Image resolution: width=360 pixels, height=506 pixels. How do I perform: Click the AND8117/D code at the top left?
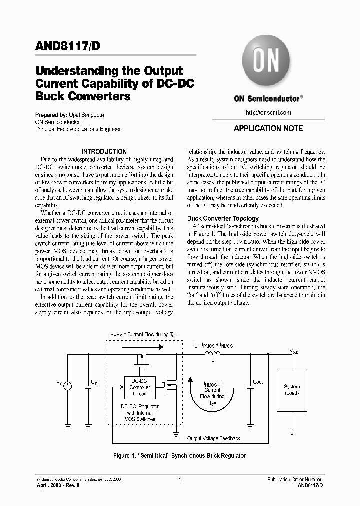(x=67, y=45)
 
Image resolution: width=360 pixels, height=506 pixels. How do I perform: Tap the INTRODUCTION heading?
(x=104, y=151)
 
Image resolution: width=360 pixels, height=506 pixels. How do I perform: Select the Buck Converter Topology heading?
(x=223, y=218)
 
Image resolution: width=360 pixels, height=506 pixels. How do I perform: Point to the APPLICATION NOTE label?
(x=268, y=128)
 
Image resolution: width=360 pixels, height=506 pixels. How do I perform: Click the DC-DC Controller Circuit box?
(x=139, y=387)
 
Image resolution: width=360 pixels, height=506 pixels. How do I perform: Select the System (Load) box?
(x=292, y=390)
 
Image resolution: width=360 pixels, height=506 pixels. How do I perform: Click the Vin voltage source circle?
(x=67, y=385)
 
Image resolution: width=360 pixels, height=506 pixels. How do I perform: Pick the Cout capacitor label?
(x=258, y=382)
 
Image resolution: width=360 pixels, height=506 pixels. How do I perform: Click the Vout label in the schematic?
(x=294, y=351)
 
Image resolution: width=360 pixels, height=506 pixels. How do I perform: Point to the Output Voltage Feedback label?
(x=213, y=438)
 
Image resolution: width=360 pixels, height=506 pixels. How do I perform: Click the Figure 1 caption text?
(x=180, y=456)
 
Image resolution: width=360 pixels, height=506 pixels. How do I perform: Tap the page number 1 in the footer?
(x=179, y=479)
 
